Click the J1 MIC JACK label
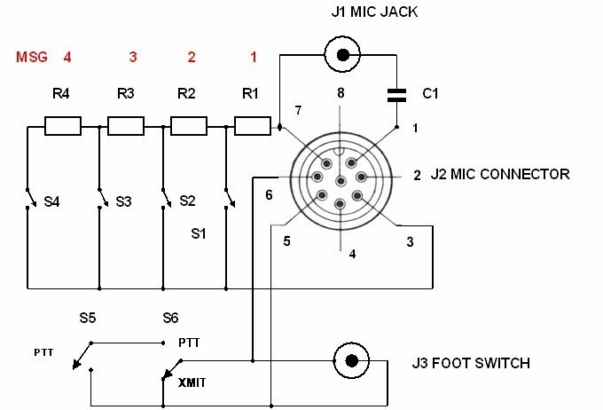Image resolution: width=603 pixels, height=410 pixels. [x=374, y=12]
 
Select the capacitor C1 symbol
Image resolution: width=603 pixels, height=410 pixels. [x=396, y=96]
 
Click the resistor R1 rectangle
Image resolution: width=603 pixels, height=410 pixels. [x=252, y=126]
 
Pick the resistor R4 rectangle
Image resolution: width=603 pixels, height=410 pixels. [x=63, y=126]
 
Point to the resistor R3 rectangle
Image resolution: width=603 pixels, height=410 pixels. [x=126, y=126]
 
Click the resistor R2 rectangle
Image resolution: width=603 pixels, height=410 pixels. [x=189, y=126]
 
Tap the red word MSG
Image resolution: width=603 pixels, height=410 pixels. [x=32, y=57]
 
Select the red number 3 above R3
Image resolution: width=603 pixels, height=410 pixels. [x=133, y=57]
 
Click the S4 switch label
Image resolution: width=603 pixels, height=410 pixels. [x=51, y=201]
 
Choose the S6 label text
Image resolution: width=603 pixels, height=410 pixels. [x=170, y=318]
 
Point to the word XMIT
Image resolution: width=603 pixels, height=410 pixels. [x=192, y=382]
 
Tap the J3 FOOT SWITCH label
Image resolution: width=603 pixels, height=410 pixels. [x=471, y=363]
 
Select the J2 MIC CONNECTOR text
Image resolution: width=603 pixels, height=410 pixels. [x=500, y=174]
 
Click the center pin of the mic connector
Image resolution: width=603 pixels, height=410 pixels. [x=341, y=181]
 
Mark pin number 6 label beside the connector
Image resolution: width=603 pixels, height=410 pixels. [x=270, y=195]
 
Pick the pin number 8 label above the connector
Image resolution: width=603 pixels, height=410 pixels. [x=341, y=93]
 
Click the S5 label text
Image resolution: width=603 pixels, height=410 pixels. [x=87, y=318]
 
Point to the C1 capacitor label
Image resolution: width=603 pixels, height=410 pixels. [x=430, y=93]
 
